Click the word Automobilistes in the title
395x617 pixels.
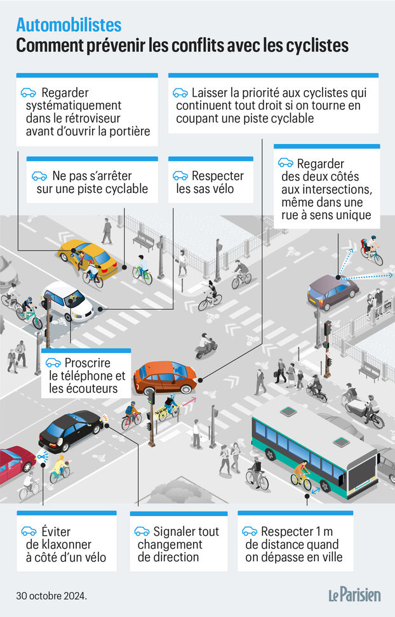pos(69,25)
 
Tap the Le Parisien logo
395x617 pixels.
pos(355,595)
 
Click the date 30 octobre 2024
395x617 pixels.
pos(51,596)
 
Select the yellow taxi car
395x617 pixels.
pos(88,257)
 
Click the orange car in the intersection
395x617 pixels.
pos(165,376)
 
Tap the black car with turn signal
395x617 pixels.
pos(71,430)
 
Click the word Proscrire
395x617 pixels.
pos(88,362)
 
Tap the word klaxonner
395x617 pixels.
pos(58,544)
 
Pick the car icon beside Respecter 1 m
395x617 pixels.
pos(250,531)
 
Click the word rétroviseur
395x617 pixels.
pos(93,118)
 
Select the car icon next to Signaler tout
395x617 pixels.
pos(142,531)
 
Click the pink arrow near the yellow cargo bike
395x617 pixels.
pos(189,402)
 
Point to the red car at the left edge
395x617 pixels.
pos(17,463)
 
